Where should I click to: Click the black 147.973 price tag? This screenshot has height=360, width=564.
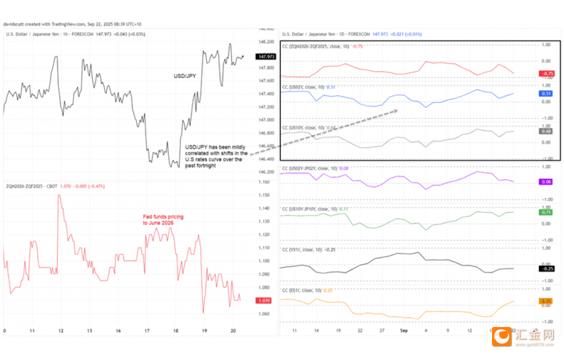click(265, 56)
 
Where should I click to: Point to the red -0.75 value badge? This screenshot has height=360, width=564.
click(547, 74)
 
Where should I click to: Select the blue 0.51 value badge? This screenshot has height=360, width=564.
click(547, 94)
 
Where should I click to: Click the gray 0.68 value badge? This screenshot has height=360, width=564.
click(547, 131)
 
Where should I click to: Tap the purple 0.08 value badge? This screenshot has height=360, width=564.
click(547, 181)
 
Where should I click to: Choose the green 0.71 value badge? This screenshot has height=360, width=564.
click(547, 212)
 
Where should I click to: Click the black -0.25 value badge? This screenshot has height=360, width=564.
click(547, 269)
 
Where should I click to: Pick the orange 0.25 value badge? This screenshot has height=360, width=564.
click(547, 301)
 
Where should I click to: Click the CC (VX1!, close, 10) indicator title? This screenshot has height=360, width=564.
click(308, 249)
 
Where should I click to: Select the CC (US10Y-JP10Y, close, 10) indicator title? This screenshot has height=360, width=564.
click(315, 209)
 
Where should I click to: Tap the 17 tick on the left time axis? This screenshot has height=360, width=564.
click(148, 331)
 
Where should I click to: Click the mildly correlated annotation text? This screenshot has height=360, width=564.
click(213, 153)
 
